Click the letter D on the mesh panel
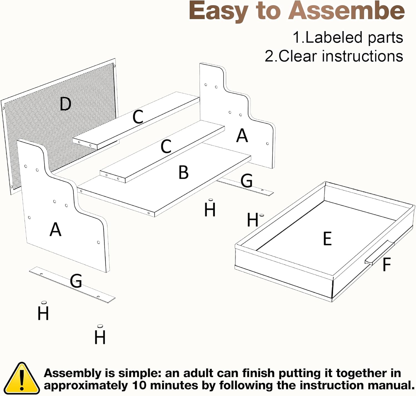coord(66,104)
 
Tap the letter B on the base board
coord(183,172)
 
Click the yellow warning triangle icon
coord(22,379)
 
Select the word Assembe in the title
coord(346,11)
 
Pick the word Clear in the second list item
coord(297,56)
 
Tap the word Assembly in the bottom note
coord(72,374)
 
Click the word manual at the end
coord(391,386)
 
